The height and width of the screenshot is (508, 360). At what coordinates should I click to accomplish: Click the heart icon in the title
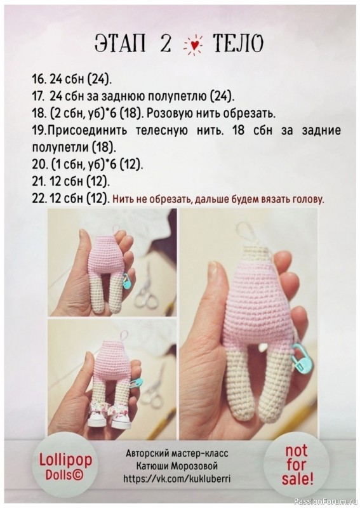point(192,44)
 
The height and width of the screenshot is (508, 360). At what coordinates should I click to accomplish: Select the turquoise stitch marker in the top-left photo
point(127,280)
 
